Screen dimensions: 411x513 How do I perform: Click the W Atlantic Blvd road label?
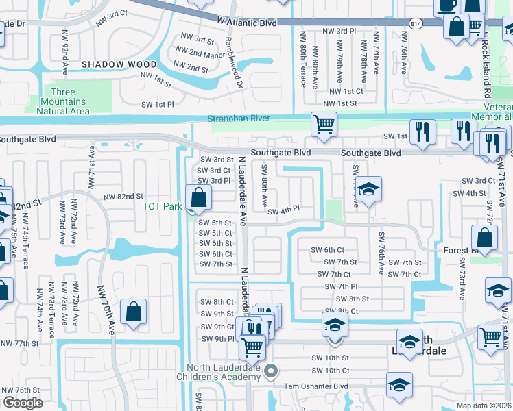247,23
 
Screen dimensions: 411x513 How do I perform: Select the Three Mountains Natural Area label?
62,101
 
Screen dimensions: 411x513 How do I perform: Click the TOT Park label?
162,206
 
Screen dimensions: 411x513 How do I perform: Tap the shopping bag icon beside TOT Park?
198,198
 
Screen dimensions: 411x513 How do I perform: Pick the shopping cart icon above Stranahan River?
324,125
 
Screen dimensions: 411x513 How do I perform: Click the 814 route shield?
415,23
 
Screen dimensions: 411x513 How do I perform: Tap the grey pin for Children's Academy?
271,372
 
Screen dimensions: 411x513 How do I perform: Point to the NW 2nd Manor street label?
200,51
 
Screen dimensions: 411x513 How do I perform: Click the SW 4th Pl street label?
283,210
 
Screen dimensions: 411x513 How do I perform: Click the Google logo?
23,403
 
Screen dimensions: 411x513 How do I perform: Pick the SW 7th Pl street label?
337,286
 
